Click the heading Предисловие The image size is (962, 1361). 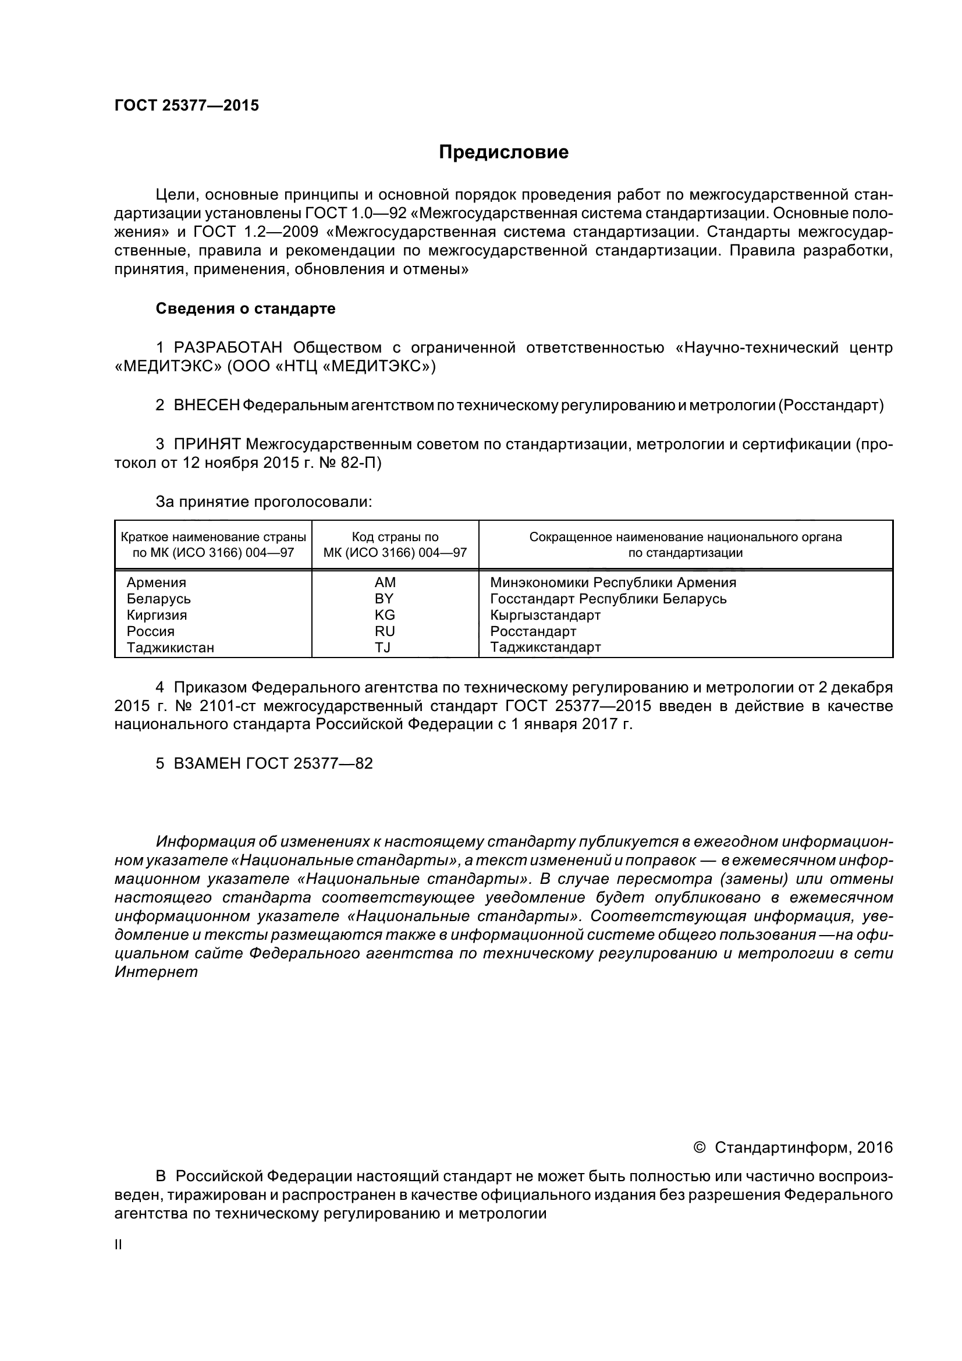(x=503, y=152)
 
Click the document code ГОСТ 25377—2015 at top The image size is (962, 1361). (x=187, y=105)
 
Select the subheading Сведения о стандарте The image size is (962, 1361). (x=246, y=309)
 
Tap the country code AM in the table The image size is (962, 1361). (x=385, y=582)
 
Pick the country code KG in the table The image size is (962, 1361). (x=385, y=614)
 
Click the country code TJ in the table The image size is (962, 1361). (x=383, y=647)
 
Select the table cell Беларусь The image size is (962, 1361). (x=159, y=599)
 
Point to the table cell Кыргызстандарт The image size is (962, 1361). (x=545, y=614)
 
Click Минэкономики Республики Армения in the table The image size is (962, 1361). (x=613, y=582)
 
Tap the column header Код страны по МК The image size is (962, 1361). (x=395, y=545)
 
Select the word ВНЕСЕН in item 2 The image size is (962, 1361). (x=207, y=406)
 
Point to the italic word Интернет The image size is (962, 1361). (x=156, y=972)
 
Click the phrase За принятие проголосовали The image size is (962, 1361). (x=264, y=502)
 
